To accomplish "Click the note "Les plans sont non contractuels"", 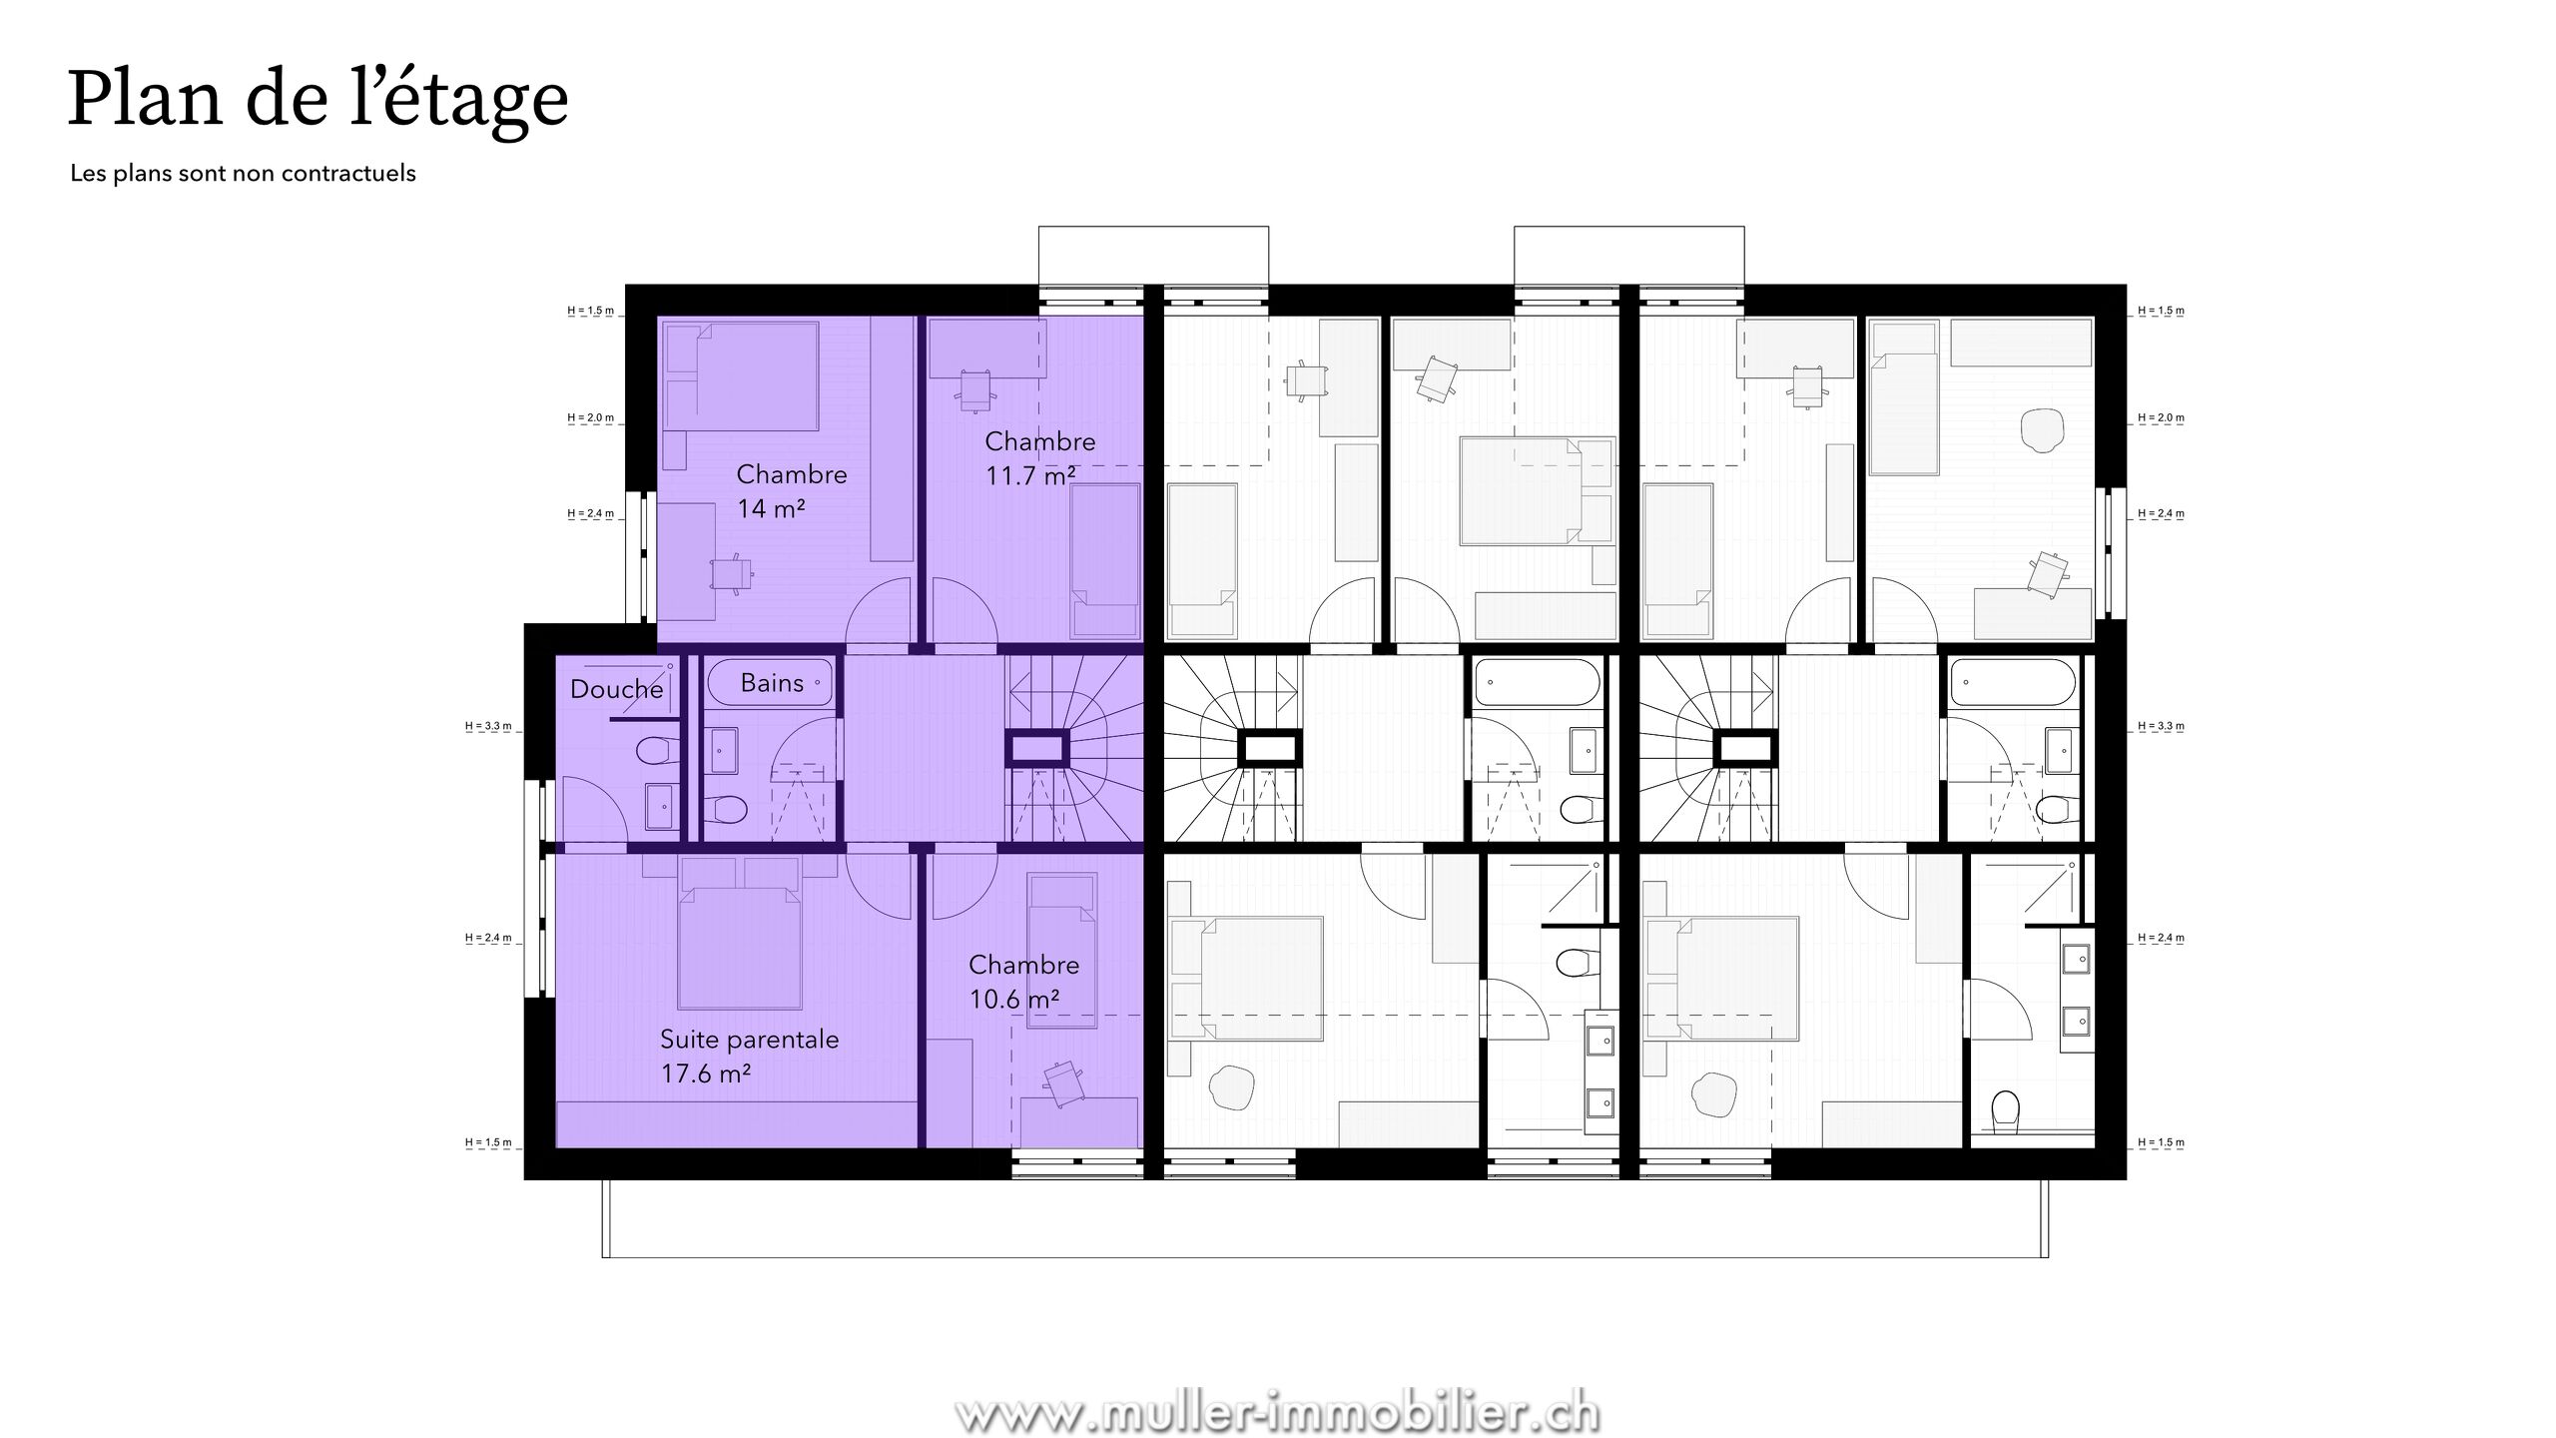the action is tap(243, 174).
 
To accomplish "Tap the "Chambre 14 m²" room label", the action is tap(792, 491).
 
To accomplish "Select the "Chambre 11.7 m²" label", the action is tap(1039, 458).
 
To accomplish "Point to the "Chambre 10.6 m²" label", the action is tap(1023, 982).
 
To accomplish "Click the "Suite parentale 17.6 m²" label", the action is tap(749, 1056).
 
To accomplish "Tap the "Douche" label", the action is tap(616, 689).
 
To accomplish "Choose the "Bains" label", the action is tap(772, 683).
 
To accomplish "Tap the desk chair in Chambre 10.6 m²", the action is tap(1062, 1082).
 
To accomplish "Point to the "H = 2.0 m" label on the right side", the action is tap(2162, 417).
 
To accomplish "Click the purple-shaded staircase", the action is tap(1074, 749).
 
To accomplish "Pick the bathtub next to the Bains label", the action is tap(770, 683).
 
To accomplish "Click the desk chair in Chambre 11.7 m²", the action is tap(975, 388).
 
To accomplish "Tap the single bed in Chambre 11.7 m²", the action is tap(1105, 561).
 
